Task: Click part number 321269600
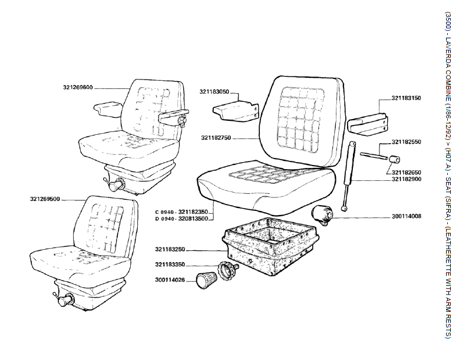(x=78, y=88)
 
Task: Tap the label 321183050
(x=214, y=92)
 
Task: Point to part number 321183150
(x=407, y=98)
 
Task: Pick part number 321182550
(x=407, y=143)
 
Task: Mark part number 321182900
(x=407, y=179)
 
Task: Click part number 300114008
(x=407, y=217)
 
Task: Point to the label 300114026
(x=170, y=279)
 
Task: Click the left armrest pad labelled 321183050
(x=236, y=110)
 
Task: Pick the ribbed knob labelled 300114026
(x=206, y=282)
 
